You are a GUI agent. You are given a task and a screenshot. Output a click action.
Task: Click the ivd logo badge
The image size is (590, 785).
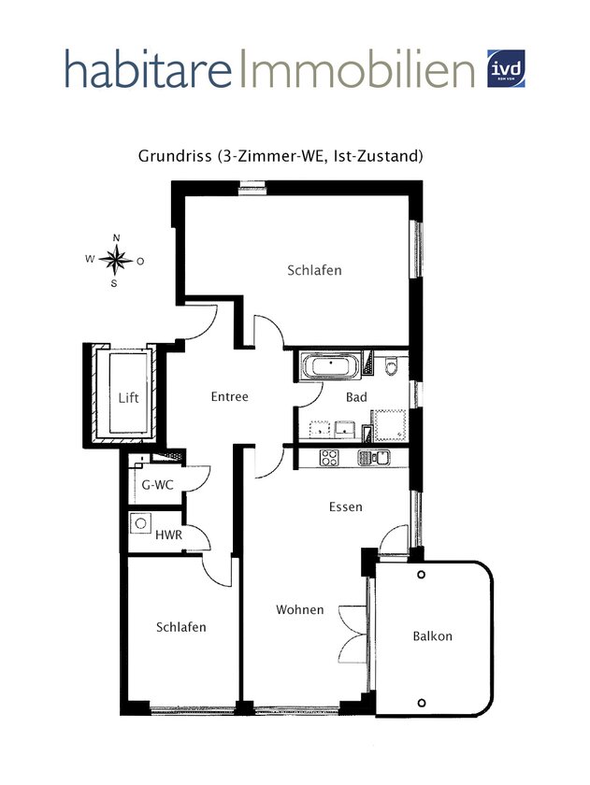click(507, 69)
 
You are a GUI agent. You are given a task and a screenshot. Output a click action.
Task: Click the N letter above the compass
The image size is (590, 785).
click(116, 238)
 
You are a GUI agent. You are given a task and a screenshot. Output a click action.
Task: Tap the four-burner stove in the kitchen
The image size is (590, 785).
click(330, 458)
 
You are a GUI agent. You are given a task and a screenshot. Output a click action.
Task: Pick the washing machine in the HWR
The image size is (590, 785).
click(141, 524)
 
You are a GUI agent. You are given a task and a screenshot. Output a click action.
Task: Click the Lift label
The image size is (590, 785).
click(129, 397)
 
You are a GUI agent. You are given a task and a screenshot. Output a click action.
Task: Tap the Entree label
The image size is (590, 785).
click(229, 396)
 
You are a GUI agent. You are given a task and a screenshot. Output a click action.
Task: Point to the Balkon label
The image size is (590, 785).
click(432, 636)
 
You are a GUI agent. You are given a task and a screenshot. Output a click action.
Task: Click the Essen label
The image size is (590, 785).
click(345, 507)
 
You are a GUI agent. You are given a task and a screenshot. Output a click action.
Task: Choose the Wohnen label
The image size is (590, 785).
click(299, 609)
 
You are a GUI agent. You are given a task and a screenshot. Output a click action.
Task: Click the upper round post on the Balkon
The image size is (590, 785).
click(422, 574)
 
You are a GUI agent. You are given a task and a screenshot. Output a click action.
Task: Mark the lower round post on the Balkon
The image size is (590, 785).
click(422, 702)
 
